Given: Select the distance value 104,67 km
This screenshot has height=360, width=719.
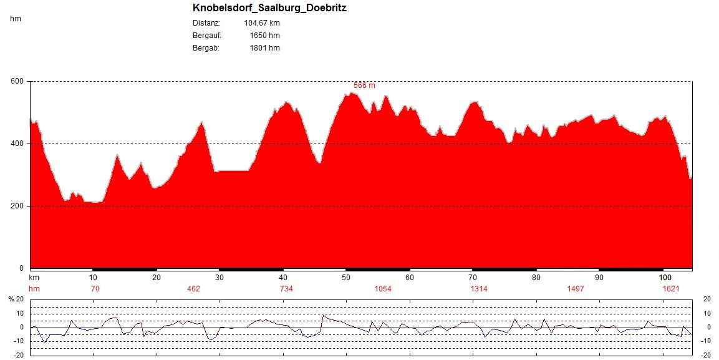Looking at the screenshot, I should click(x=262, y=23).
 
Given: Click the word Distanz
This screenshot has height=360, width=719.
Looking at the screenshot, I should click(x=207, y=23).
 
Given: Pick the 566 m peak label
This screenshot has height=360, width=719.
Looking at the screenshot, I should click(x=364, y=85).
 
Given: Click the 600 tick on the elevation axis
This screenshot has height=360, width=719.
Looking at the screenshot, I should click(x=17, y=81).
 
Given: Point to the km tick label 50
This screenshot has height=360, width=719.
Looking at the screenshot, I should click(x=346, y=278).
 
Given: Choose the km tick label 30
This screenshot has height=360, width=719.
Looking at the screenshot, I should click(x=220, y=278).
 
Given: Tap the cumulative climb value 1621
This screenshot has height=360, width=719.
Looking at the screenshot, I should click(x=669, y=288).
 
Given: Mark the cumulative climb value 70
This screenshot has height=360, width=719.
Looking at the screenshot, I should click(x=95, y=288).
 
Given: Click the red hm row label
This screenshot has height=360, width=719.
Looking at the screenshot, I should click(x=34, y=288).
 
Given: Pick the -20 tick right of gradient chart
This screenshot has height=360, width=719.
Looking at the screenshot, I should click(x=707, y=355).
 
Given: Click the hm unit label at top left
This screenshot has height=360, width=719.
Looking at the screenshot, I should click(x=16, y=19).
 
